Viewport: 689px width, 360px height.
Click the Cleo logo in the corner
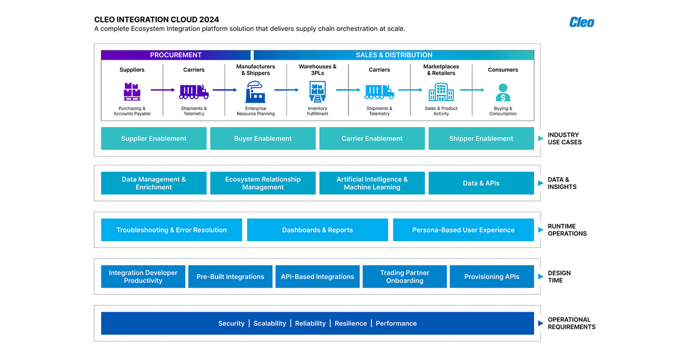coord(582,22)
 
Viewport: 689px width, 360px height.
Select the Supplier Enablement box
coord(153,138)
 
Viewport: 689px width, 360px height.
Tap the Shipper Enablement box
coord(481,138)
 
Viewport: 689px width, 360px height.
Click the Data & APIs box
coord(481,183)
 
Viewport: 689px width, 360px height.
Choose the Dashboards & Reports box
coord(318,230)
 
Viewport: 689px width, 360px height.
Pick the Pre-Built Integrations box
coord(230,277)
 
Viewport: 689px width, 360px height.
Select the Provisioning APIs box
coord(491,277)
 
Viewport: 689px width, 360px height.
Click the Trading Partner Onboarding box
coord(405,277)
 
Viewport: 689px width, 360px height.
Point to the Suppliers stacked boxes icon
coord(132,91)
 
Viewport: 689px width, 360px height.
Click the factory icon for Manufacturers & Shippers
coord(256,91)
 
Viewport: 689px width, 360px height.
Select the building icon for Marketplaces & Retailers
coord(441,91)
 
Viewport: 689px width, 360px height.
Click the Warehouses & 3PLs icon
coord(318,91)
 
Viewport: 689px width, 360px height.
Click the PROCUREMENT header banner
coord(176,55)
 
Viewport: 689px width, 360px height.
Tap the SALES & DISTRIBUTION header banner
coord(394,55)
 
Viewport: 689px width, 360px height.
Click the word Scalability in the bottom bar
coord(270,323)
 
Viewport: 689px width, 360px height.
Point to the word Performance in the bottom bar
coord(396,323)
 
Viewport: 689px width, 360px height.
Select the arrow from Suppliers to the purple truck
coord(162,90)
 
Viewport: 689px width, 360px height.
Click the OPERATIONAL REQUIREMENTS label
coord(571,323)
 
